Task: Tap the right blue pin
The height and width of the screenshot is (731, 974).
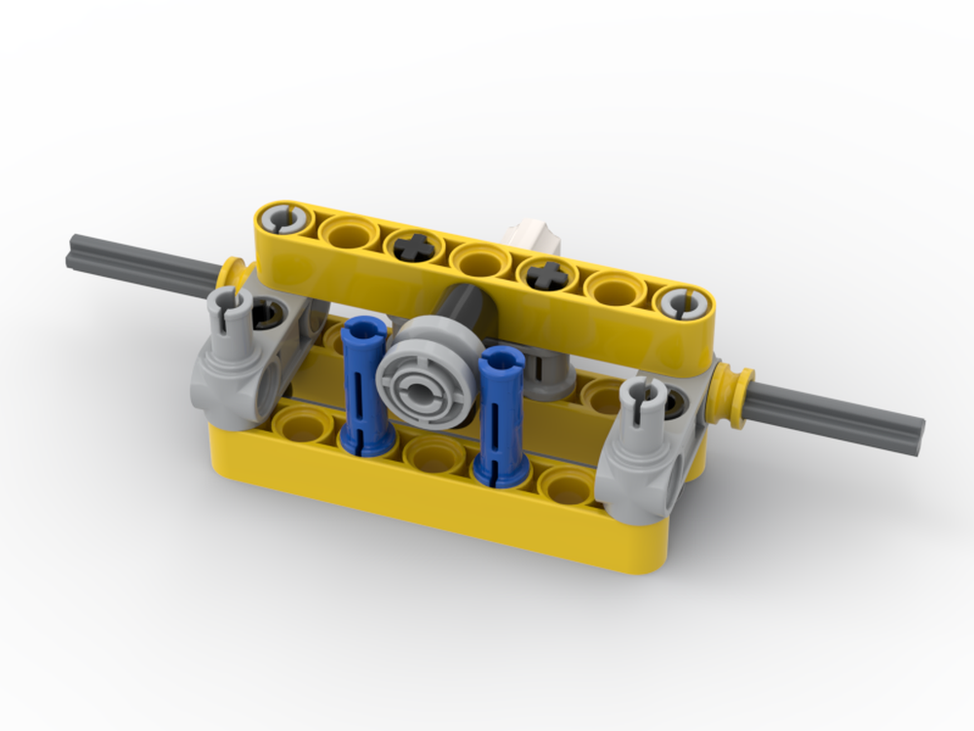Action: tap(501, 414)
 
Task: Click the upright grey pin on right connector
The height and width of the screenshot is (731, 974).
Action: tap(644, 400)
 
